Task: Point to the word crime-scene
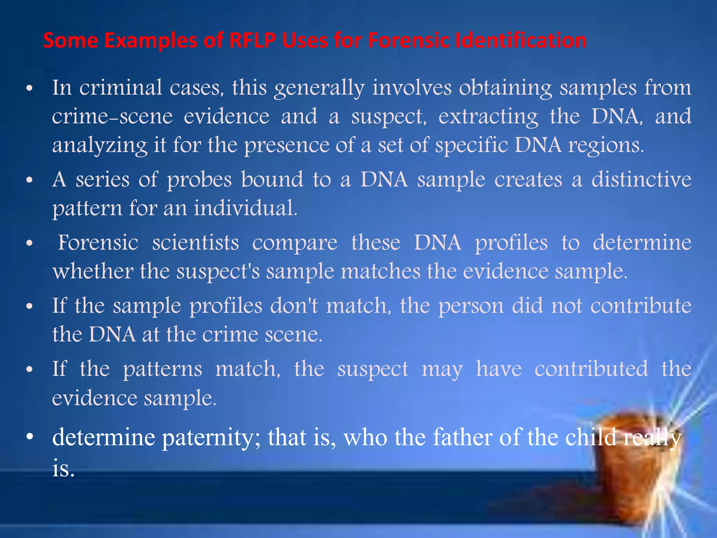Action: click(112, 116)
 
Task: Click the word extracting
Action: click(488, 117)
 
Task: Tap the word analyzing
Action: click(100, 146)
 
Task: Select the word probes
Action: click(199, 180)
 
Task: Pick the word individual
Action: click(245, 208)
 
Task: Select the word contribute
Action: click(641, 306)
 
